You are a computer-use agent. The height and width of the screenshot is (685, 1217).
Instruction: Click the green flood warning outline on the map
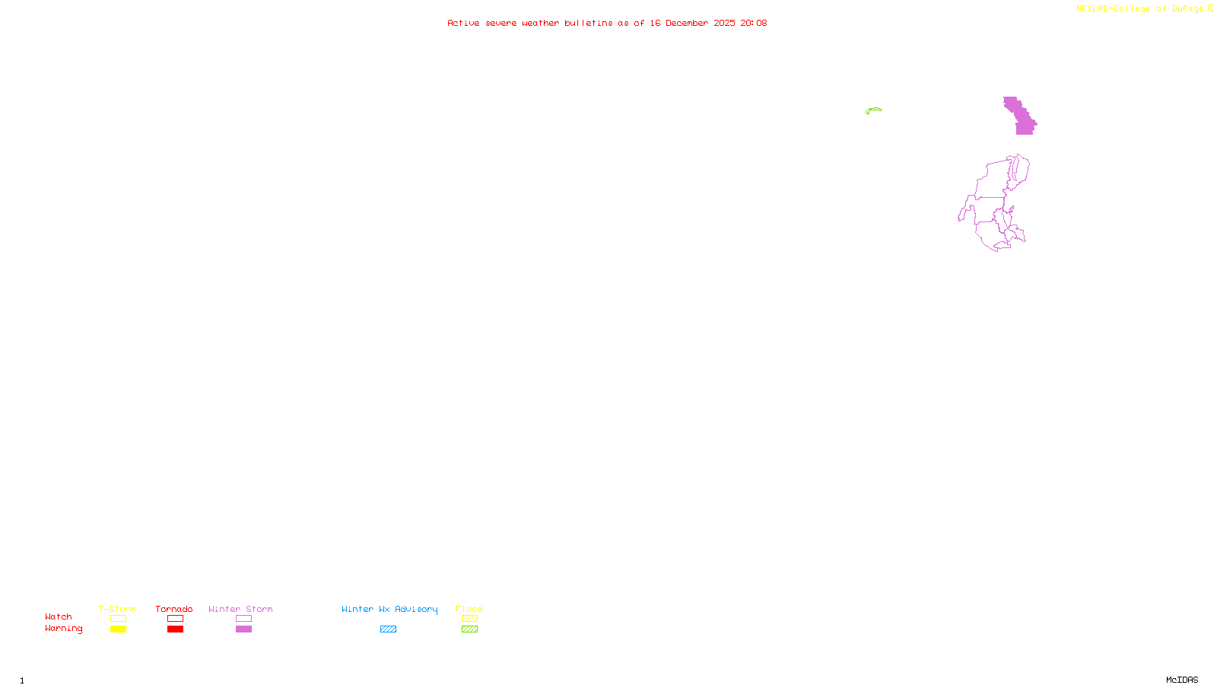873,110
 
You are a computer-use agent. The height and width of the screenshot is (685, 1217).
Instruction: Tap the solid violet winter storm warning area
1022,119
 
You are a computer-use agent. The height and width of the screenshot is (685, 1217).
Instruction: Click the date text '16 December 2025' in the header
692,23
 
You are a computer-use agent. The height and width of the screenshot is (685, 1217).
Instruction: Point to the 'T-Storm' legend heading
117,609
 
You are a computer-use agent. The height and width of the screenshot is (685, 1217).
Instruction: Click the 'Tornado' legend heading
174,609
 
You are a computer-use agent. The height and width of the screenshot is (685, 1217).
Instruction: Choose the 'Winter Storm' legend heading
240,609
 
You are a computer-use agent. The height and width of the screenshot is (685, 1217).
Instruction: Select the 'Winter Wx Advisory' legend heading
389,609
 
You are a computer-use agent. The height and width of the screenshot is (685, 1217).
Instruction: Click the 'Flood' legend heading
469,609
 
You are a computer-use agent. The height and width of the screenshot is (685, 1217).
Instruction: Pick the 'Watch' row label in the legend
59,616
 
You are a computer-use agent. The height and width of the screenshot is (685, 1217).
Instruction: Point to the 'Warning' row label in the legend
63,629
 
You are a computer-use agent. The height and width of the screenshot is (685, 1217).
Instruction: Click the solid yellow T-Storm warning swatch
118,629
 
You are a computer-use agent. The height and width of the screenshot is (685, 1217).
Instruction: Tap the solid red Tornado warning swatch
175,629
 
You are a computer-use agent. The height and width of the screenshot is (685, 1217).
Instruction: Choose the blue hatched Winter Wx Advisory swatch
388,629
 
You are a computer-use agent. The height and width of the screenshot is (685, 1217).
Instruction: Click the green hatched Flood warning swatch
469,629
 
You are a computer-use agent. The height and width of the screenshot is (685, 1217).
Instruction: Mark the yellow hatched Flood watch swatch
469,619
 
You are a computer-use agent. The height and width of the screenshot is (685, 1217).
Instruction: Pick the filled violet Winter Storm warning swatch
243,629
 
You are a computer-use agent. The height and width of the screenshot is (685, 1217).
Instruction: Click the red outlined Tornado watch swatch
175,619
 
